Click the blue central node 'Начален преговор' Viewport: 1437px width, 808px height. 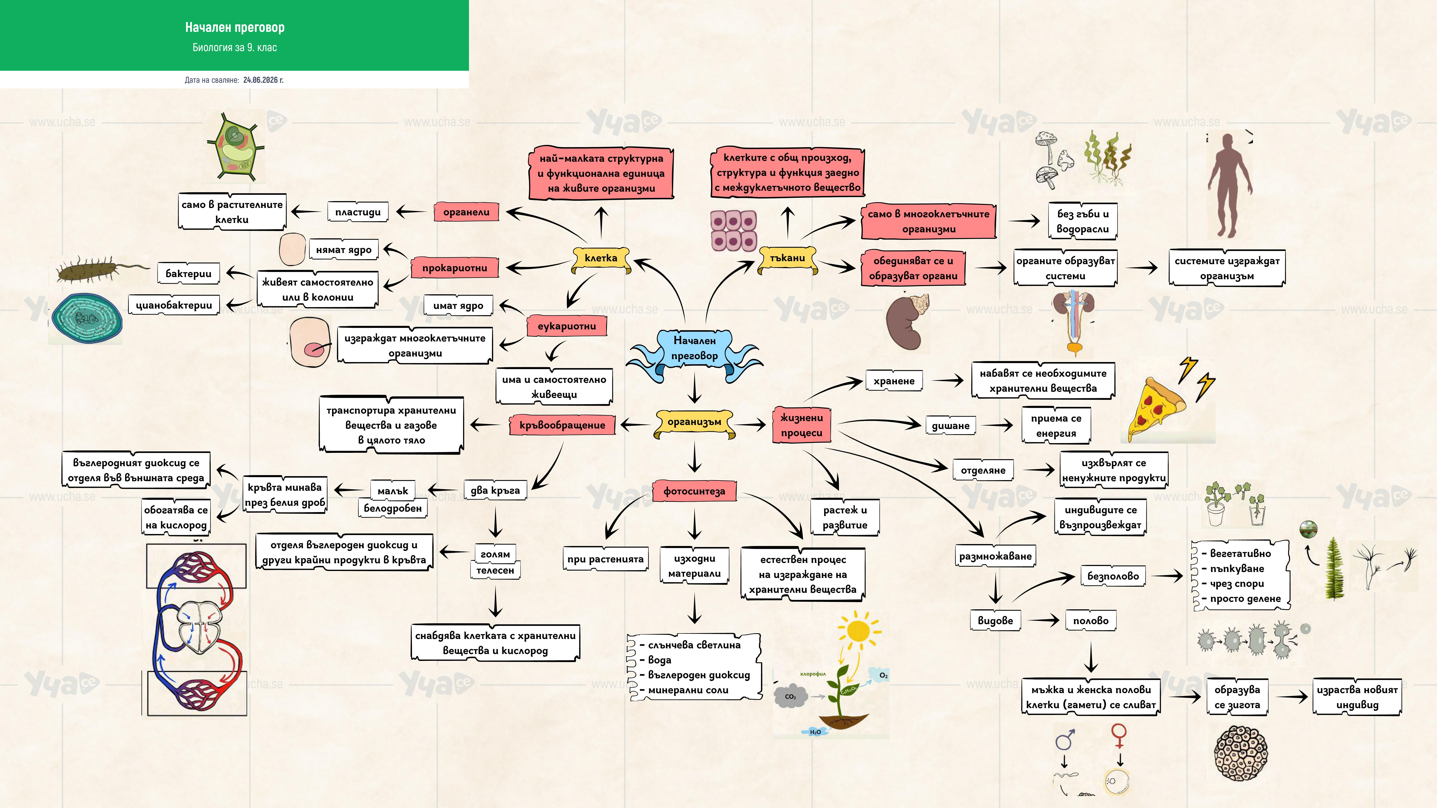694,348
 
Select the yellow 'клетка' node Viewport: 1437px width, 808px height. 601,258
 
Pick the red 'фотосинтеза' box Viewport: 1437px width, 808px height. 694,491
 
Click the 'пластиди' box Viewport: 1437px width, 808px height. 358,212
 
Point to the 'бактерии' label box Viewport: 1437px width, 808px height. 188,273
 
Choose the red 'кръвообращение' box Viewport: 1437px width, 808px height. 562,425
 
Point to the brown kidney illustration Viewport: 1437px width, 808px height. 906,322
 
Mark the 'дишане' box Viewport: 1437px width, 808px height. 951,425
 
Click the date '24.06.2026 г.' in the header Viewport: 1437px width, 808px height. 263,80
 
